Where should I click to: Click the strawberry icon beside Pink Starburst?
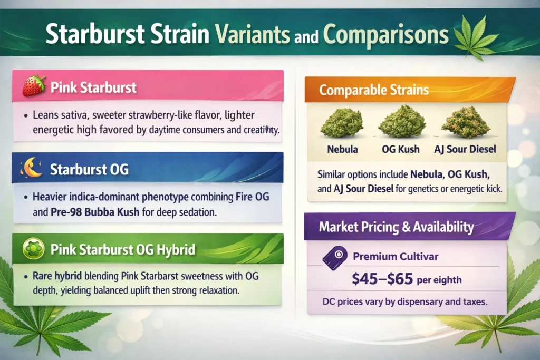34,86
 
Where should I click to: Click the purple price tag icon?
334,257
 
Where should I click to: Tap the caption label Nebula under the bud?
342,149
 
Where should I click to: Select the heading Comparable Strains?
373,90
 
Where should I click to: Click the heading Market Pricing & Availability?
396,227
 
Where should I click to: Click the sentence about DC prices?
407,304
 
